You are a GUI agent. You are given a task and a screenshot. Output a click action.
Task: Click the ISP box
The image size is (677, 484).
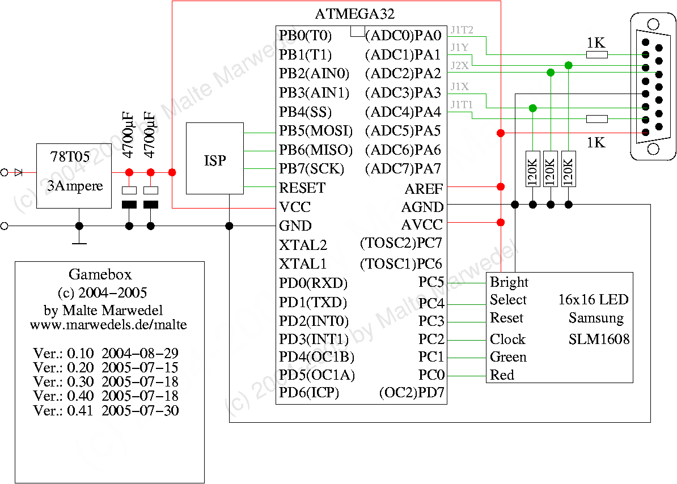click(215, 161)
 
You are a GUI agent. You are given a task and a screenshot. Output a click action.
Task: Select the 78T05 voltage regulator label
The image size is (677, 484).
click(70, 157)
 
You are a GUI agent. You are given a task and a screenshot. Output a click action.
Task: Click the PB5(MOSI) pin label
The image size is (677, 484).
click(315, 131)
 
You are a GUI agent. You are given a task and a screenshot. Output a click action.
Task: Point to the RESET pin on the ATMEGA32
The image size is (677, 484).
click(302, 188)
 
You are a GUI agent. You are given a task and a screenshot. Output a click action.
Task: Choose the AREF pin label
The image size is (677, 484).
click(424, 189)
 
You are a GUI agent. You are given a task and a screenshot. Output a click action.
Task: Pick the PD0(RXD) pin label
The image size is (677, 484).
click(313, 283)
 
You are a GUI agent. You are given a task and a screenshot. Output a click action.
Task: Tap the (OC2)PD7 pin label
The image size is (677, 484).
click(412, 393)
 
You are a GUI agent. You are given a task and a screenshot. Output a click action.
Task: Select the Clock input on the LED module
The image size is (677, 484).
click(507, 339)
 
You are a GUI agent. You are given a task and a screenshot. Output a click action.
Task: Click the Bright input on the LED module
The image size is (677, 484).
click(509, 282)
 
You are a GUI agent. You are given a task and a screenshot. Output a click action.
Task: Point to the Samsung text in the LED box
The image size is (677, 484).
click(596, 318)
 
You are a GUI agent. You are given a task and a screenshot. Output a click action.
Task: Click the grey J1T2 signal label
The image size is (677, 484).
click(462, 29)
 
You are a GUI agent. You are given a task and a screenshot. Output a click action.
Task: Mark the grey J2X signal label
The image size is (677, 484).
click(459, 65)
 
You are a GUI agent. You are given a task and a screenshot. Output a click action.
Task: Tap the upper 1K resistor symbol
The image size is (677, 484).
click(596, 54)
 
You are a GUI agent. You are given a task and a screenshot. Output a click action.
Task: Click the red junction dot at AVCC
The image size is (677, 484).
click(501, 222)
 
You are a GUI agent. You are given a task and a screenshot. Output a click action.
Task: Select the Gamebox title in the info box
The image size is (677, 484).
click(100, 275)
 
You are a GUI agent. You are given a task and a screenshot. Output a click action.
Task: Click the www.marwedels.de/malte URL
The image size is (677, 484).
click(108, 325)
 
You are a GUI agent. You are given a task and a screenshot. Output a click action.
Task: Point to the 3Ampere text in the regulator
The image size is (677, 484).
click(75, 186)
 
